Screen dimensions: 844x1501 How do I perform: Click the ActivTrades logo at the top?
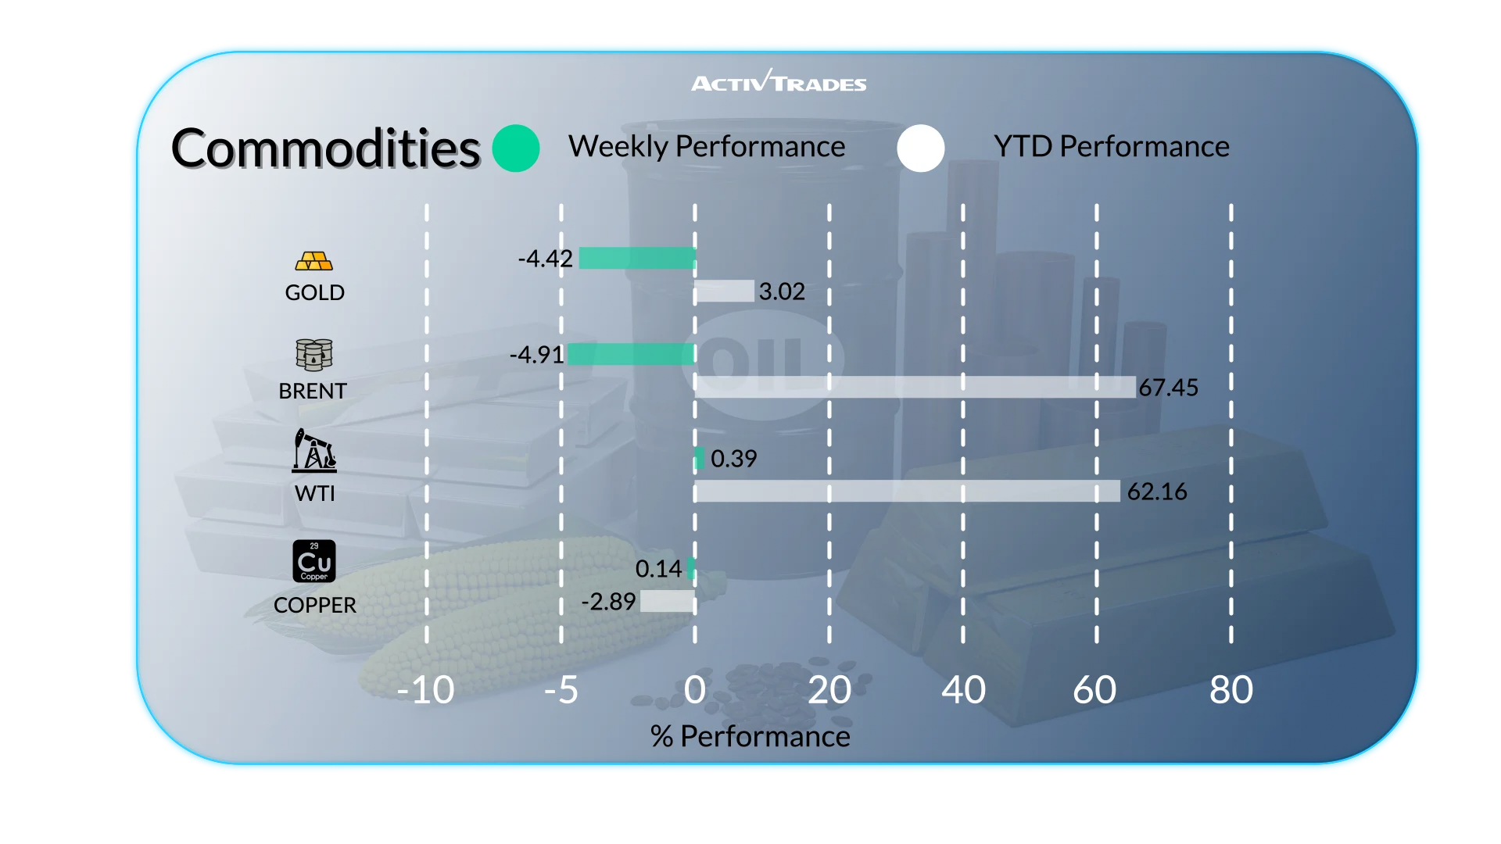779,81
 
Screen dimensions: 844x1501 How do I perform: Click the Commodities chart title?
325,148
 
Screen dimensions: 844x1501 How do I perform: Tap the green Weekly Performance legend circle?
516,148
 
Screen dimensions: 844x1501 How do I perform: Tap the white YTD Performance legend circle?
921,148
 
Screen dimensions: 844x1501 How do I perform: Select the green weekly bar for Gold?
637,258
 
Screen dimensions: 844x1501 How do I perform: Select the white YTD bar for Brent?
915,387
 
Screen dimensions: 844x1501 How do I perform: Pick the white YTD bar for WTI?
907,491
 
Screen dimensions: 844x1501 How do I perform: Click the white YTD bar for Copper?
667,601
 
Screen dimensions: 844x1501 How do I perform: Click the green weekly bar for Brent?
631,354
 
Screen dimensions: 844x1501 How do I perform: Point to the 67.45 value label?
1168,388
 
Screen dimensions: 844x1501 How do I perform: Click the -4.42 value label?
545,259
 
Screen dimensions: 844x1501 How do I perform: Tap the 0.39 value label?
733,459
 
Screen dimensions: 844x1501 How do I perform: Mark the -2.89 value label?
607,602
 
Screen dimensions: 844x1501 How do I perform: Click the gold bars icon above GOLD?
313,261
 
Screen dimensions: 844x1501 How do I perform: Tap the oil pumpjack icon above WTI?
313,450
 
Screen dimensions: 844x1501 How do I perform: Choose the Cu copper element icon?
313,561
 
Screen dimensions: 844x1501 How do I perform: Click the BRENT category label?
313,391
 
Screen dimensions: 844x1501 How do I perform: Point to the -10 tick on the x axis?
425,690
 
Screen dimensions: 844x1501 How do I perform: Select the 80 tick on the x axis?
1231,690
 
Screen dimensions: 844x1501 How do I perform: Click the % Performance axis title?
750,736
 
